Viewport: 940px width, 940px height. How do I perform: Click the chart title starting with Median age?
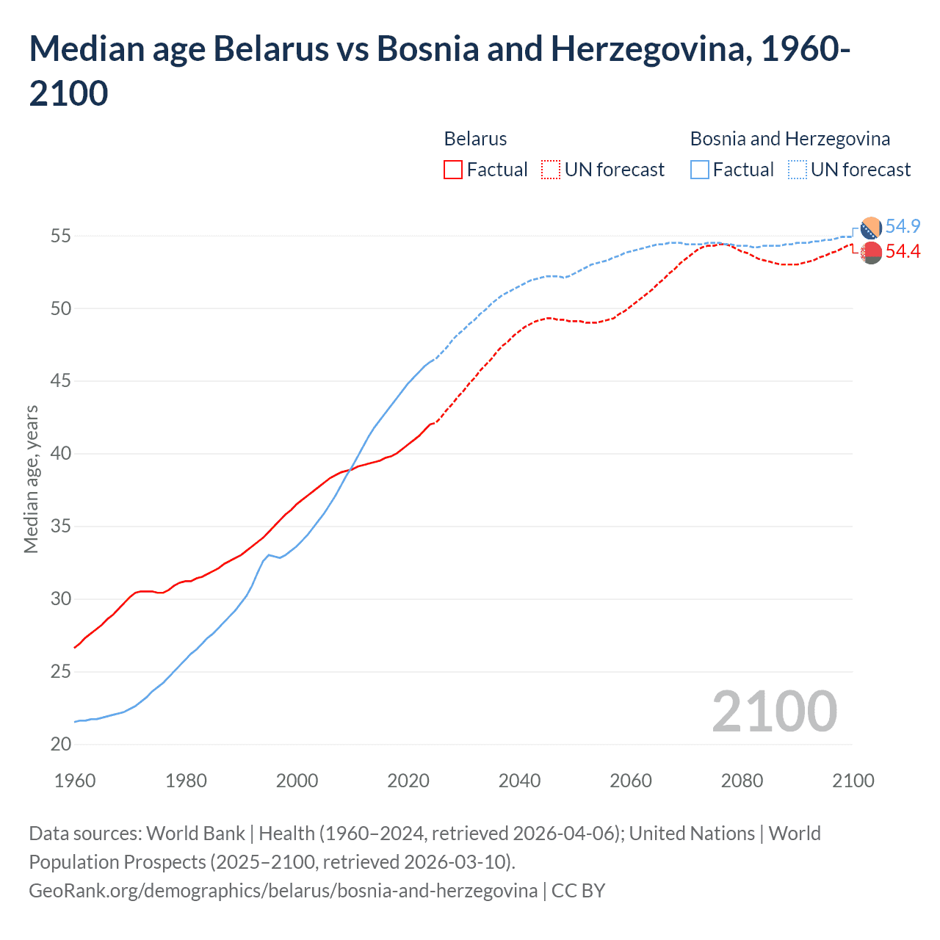[439, 70]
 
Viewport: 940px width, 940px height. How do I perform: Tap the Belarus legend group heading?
[475, 139]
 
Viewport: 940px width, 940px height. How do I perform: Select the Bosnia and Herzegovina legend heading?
[789, 139]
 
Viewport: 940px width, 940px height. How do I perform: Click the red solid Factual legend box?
[453, 170]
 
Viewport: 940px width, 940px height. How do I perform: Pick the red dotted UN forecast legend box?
[551, 170]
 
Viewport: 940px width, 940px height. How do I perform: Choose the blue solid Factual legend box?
[700, 170]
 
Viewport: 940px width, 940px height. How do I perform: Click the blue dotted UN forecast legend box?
[797, 170]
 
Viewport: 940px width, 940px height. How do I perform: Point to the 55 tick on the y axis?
[61, 236]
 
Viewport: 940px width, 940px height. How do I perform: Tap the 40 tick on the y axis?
[61, 454]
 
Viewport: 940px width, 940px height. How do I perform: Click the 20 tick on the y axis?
[61, 745]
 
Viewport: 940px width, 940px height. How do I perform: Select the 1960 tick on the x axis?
[75, 781]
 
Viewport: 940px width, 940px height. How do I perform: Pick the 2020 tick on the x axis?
[408, 781]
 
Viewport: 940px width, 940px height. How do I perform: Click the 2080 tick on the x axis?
[742, 781]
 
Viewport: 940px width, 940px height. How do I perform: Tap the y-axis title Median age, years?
[31, 479]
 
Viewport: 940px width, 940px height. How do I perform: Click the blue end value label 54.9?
[903, 226]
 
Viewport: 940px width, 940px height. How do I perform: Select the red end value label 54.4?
[903, 252]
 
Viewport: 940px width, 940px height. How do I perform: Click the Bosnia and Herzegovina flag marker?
[871, 228]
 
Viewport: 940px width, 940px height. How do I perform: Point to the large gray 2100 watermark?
[774, 711]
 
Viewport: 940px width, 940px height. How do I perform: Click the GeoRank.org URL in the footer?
[283, 891]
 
